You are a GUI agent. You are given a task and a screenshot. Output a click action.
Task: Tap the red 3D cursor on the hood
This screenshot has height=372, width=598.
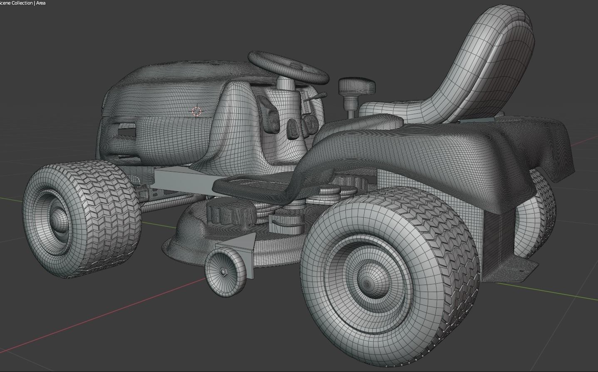coord(196,111)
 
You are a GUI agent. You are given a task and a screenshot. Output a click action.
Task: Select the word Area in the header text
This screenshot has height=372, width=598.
coord(41,3)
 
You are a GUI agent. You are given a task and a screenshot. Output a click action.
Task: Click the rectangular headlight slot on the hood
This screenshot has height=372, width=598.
coord(126,132)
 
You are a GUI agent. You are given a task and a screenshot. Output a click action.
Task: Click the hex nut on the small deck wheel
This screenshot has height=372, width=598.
coord(223,272)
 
